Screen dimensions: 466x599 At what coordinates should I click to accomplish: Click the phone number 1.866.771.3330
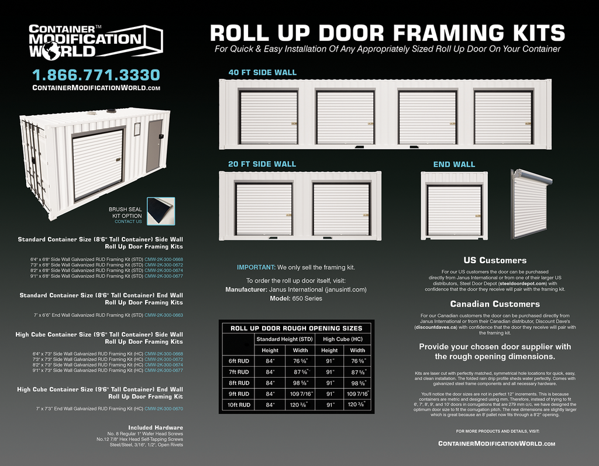[x=95, y=75]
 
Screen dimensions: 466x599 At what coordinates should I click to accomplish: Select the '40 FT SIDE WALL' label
[x=262, y=73]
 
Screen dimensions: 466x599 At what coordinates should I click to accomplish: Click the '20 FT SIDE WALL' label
[x=262, y=164]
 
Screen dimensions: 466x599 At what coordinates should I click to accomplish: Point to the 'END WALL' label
[x=454, y=164]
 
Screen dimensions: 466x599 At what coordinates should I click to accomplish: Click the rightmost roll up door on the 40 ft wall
[x=503, y=117]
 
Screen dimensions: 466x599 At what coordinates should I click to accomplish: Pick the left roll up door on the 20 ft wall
[x=264, y=209]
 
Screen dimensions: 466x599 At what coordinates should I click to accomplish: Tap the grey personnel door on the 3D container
[x=154, y=146]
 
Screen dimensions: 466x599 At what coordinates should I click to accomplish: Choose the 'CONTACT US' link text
[x=128, y=222]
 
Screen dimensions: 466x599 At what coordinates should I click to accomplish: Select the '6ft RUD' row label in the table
[x=238, y=361]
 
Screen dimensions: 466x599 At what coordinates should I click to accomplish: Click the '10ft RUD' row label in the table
[x=238, y=405]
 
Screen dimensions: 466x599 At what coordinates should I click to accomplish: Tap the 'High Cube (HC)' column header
[x=343, y=339]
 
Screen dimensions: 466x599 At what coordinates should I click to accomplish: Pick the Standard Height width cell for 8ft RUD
[x=300, y=383]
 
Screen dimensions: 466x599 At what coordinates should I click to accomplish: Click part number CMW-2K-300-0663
[x=164, y=315]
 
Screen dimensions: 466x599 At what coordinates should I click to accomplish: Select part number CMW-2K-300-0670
[x=164, y=409]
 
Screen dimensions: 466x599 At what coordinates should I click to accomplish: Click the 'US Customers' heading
[x=495, y=260]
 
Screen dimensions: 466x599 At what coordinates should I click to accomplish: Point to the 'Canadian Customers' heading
[x=495, y=304]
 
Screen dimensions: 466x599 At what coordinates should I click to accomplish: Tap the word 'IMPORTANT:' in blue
[x=256, y=267]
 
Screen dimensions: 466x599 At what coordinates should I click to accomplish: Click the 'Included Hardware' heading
[x=155, y=427]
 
